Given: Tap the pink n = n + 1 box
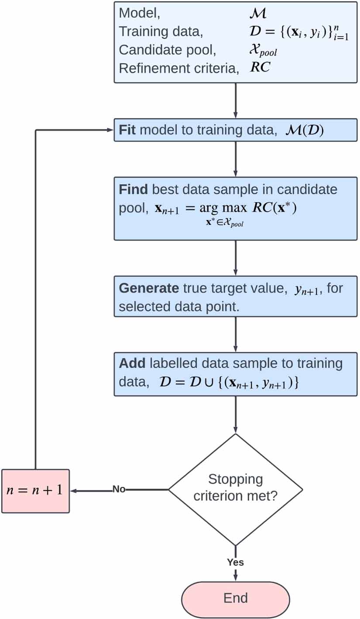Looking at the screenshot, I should click(35, 491).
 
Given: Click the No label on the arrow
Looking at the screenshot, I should click(119, 489).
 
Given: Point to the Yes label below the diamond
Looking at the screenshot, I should click(235, 562).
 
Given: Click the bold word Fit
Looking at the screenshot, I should click(127, 130).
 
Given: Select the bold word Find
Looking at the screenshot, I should click(133, 190).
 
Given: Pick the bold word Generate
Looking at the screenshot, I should click(148, 289).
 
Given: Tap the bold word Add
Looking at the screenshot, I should click(132, 364).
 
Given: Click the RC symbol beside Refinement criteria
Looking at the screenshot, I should click(260, 68).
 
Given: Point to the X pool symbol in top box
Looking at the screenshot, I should click(262, 51).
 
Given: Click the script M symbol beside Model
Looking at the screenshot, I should click(257, 13).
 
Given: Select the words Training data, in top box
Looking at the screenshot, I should click(161, 32).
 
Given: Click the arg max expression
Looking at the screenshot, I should click(223, 209).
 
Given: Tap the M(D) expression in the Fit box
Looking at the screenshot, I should click(305, 131).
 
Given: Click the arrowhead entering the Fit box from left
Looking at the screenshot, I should click(111, 130).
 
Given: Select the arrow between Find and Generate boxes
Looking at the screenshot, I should click(236, 258).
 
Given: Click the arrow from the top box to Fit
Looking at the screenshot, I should click(236, 100).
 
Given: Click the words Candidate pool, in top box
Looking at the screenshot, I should click(167, 50).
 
